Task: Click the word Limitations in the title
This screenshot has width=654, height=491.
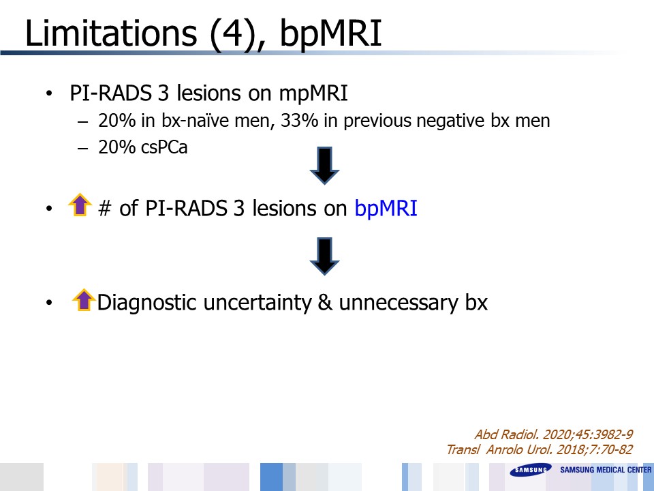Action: click(x=111, y=33)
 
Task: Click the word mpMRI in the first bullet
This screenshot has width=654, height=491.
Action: click(x=313, y=93)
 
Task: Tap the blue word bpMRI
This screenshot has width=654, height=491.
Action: click(x=386, y=209)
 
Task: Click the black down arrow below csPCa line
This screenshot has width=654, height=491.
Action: click(x=324, y=165)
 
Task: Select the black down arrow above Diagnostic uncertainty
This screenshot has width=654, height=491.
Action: click(x=324, y=256)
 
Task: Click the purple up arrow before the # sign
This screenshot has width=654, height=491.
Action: click(x=80, y=205)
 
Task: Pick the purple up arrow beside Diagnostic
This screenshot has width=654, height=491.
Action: click(x=84, y=299)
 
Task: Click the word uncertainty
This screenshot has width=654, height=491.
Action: click(x=258, y=303)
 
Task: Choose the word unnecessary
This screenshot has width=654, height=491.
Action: click(x=399, y=303)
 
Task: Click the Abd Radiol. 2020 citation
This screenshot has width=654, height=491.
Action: click(x=553, y=434)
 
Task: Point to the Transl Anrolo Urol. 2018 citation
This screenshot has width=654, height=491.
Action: click(x=540, y=449)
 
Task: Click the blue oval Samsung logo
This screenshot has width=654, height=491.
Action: click(x=531, y=470)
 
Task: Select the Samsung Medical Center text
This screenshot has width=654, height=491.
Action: click(x=606, y=470)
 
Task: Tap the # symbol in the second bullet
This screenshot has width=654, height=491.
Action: click(x=104, y=209)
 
